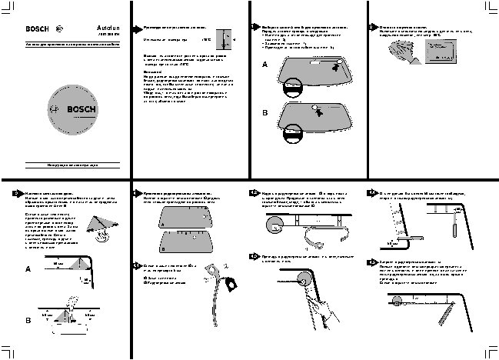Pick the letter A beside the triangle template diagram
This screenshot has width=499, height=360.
[x=28, y=270]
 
